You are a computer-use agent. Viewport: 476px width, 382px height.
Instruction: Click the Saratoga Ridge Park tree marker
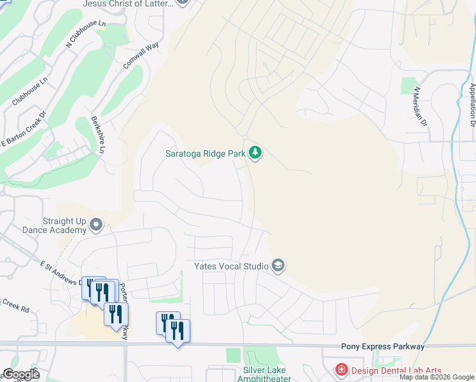[x=255, y=153]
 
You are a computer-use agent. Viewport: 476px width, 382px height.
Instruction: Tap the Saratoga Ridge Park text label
[x=206, y=153]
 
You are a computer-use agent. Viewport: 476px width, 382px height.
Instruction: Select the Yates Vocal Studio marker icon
[x=277, y=265]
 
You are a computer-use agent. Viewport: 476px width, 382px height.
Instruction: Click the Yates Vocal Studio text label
[x=231, y=265]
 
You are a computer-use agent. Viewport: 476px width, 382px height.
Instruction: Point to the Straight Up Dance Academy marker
[x=96, y=224]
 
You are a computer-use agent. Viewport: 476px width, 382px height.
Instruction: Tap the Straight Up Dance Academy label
[x=54, y=225]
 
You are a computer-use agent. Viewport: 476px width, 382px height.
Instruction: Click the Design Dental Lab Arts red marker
[x=342, y=369]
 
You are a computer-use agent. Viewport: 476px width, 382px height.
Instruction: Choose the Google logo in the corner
[x=20, y=374]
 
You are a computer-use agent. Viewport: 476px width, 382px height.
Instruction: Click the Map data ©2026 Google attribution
[x=437, y=377]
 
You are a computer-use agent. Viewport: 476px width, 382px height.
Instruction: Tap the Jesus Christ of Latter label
[x=128, y=3]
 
